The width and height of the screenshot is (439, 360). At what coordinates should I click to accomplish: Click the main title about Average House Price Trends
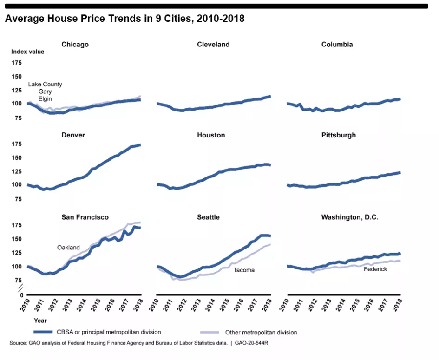coord(124,19)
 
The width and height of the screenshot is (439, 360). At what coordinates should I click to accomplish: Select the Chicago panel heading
coord(75,45)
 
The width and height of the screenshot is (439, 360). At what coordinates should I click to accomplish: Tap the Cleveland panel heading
coord(213,45)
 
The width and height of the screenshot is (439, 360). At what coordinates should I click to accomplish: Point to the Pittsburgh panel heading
coord(338,135)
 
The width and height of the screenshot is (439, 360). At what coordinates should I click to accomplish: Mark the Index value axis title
coord(28,52)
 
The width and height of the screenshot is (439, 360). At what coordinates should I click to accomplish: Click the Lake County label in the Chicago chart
coord(45,85)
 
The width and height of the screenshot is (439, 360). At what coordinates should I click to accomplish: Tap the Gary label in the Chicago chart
coord(45,92)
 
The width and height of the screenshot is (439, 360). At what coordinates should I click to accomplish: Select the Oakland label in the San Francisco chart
coord(69,248)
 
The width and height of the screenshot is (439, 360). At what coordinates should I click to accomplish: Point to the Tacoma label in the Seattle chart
coord(244,270)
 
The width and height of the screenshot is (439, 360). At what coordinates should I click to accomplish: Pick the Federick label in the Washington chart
coord(375,269)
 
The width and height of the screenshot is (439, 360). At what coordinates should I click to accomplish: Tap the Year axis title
coord(40,320)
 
